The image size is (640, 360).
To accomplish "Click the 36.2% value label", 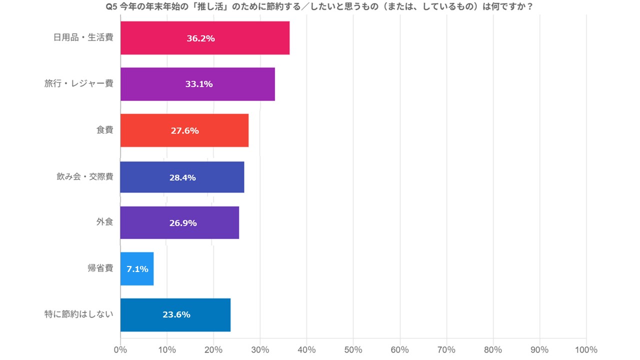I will pos(200,38).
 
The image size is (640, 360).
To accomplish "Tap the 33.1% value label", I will pos(198,84).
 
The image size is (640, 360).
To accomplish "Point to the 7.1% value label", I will pos(137,269).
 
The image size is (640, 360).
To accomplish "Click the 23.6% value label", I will pos(176,314).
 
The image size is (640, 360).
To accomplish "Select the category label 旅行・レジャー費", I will pos(78,83).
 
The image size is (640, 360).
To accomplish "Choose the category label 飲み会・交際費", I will pos(84,176).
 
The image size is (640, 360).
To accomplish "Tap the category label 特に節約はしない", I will pos(78,314).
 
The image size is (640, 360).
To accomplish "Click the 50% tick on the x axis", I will pos(353,349).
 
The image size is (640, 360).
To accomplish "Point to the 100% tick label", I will pos(586,349).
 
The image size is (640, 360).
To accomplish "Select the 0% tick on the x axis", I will pos(120,349).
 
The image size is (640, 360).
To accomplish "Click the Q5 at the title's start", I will pos(111,7).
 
